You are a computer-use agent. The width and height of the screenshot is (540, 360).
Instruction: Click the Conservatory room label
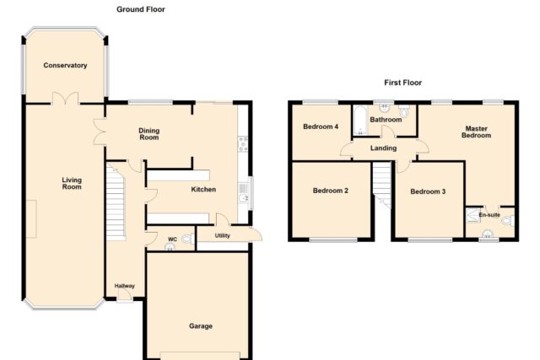65,66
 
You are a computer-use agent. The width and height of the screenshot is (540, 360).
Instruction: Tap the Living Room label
72,184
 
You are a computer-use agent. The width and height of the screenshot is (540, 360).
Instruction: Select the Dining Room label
148,134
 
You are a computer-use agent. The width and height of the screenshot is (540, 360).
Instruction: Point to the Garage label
201,326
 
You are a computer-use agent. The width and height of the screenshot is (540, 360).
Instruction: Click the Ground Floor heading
141,9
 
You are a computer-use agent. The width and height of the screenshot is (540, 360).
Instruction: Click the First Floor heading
403,83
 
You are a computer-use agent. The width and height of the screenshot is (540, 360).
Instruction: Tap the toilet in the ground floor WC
188,238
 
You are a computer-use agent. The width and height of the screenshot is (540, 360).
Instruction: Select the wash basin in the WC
170,247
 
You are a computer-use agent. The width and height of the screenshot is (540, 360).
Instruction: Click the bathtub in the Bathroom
360,121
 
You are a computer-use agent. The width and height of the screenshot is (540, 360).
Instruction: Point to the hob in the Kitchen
243,144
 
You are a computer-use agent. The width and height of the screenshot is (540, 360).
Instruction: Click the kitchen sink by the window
243,193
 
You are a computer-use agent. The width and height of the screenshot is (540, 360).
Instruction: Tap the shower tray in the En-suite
472,214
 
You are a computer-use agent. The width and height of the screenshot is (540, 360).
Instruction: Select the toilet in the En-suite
508,221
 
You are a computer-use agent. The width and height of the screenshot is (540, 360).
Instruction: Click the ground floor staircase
115,202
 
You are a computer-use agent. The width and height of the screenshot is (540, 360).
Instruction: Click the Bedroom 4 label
321,126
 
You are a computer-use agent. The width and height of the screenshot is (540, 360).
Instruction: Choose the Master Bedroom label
476,132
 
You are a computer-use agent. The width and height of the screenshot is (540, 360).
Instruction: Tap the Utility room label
223,236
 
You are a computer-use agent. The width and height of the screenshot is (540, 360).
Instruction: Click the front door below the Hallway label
125,296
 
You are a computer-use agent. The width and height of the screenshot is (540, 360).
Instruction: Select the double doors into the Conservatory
65,99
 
